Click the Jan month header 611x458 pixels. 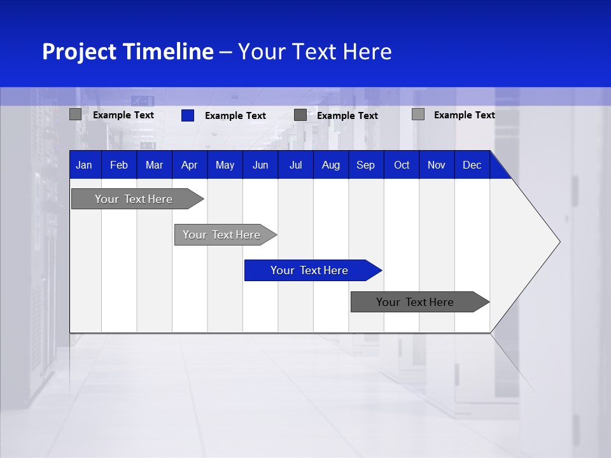tap(84, 165)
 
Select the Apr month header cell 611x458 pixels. tap(189, 165)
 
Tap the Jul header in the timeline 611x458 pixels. tap(295, 165)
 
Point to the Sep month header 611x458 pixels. tap(365, 165)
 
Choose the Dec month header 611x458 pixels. tap(472, 165)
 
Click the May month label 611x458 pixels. tap(225, 165)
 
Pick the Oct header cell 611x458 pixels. tap(402, 165)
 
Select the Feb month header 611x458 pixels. tap(119, 165)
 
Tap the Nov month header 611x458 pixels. tap(437, 165)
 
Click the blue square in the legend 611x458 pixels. tap(188, 115)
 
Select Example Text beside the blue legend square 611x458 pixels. tap(235, 116)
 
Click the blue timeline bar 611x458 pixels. tap(309, 270)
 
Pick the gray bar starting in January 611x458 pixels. tap(134, 199)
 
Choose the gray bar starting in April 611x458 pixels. tap(221, 235)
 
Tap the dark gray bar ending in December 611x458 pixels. tap(415, 302)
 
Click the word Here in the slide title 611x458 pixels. tap(367, 52)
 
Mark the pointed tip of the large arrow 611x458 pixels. tap(559, 242)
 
